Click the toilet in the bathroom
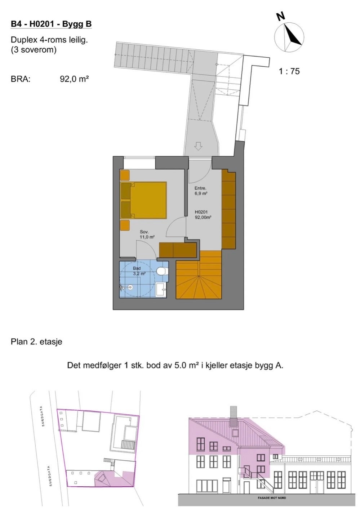point(163,271)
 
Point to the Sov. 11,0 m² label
point(147,235)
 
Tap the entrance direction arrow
point(198,146)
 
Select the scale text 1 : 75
point(289,71)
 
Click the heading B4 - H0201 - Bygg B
point(51,24)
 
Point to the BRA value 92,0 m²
point(74,79)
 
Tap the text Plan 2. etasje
point(36,342)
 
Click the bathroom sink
point(161,289)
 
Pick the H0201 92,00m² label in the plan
point(203,215)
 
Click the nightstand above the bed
point(125,175)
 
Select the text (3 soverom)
point(34,50)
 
